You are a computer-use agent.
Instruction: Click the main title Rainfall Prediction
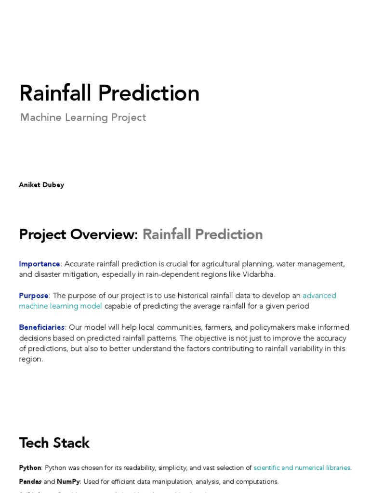[x=109, y=93]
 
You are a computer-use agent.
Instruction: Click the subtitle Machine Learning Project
[x=83, y=117]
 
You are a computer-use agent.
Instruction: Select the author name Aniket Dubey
[x=41, y=185]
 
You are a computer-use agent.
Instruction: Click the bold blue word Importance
[x=40, y=264]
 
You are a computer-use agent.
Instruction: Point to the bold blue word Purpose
[x=34, y=296]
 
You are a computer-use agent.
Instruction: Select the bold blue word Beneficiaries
[x=41, y=327]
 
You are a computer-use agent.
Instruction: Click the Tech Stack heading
[x=54, y=442]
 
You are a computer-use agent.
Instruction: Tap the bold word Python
[x=30, y=467]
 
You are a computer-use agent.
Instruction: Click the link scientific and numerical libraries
[x=302, y=467]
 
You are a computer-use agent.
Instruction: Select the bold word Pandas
[x=30, y=481]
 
